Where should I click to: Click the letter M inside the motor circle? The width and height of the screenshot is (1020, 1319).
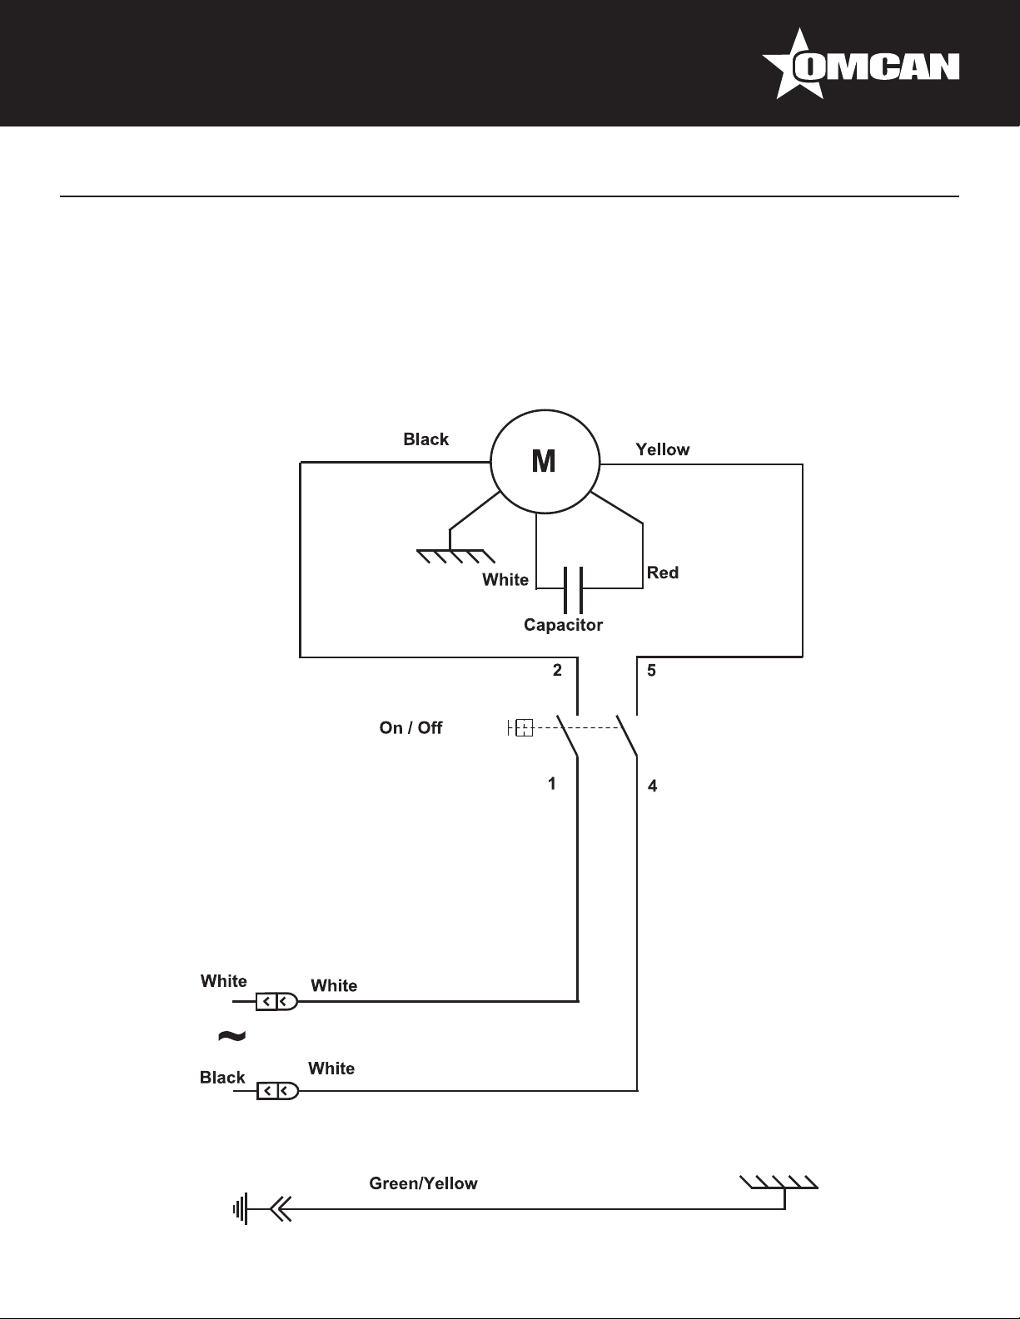coord(544,461)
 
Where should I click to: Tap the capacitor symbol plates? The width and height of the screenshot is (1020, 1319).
coord(571,588)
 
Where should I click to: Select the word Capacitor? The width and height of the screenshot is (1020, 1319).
coord(563,625)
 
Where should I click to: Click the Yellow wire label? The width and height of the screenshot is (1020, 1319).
coord(662,449)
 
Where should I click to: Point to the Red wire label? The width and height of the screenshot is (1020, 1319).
coord(663,573)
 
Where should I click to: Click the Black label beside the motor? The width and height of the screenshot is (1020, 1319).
coord(425,439)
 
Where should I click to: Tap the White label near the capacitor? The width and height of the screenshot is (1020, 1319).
coord(505,580)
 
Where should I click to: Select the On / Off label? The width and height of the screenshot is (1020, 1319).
coord(410,728)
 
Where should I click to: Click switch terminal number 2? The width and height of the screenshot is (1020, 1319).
coord(557,670)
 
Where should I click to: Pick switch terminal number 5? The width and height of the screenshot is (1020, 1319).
coord(651,670)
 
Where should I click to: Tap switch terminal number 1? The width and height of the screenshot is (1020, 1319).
coord(551,784)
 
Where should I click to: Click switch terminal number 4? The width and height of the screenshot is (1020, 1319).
coord(652,786)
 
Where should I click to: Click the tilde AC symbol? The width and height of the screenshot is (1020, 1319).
coord(231,1035)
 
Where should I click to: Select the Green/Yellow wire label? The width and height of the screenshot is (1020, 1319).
coord(423,1183)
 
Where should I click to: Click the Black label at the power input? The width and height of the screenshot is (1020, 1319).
coord(222,1078)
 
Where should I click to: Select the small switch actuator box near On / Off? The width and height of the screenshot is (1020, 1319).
coord(523,729)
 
